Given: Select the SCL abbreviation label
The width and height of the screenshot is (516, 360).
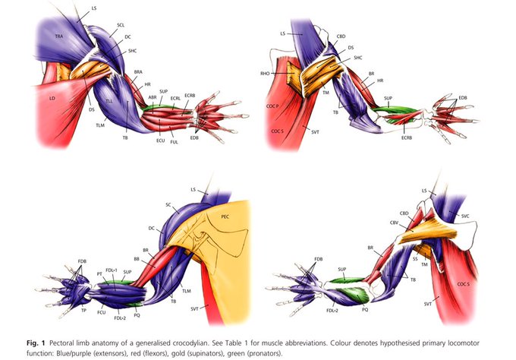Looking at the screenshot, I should (x=121, y=25).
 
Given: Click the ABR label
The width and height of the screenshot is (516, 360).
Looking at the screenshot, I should (x=153, y=98).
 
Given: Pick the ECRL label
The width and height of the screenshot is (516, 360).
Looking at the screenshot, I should (x=175, y=98).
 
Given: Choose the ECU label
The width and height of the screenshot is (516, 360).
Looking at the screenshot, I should (x=160, y=140).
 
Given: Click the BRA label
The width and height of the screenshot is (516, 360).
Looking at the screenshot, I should (x=139, y=72).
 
